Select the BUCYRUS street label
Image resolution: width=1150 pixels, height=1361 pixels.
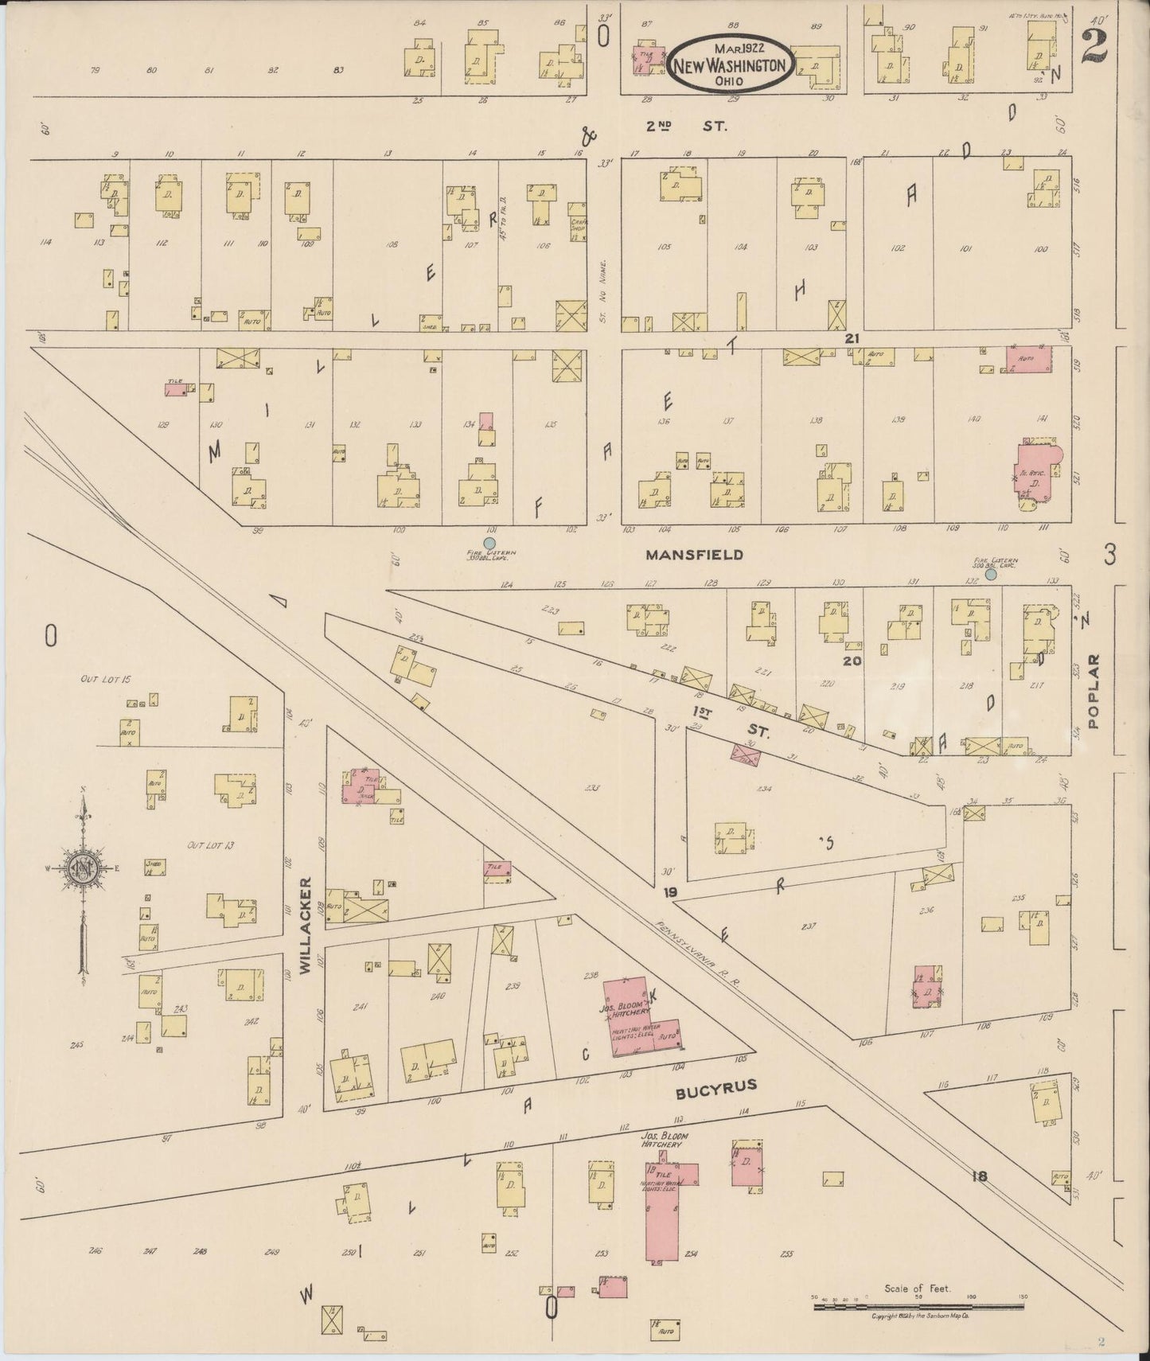tap(715, 1086)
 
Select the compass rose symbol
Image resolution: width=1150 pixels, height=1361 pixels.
tap(82, 870)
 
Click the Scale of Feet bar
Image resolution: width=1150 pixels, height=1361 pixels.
tap(918, 1305)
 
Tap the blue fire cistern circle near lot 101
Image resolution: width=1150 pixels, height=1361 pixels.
tap(489, 543)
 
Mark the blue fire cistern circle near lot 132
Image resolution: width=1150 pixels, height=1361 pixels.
tap(991, 574)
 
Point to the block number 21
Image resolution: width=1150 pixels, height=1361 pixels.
tap(852, 338)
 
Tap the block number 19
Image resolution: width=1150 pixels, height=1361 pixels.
tap(669, 893)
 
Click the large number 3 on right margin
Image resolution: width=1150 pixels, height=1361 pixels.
tap(1109, 554)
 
